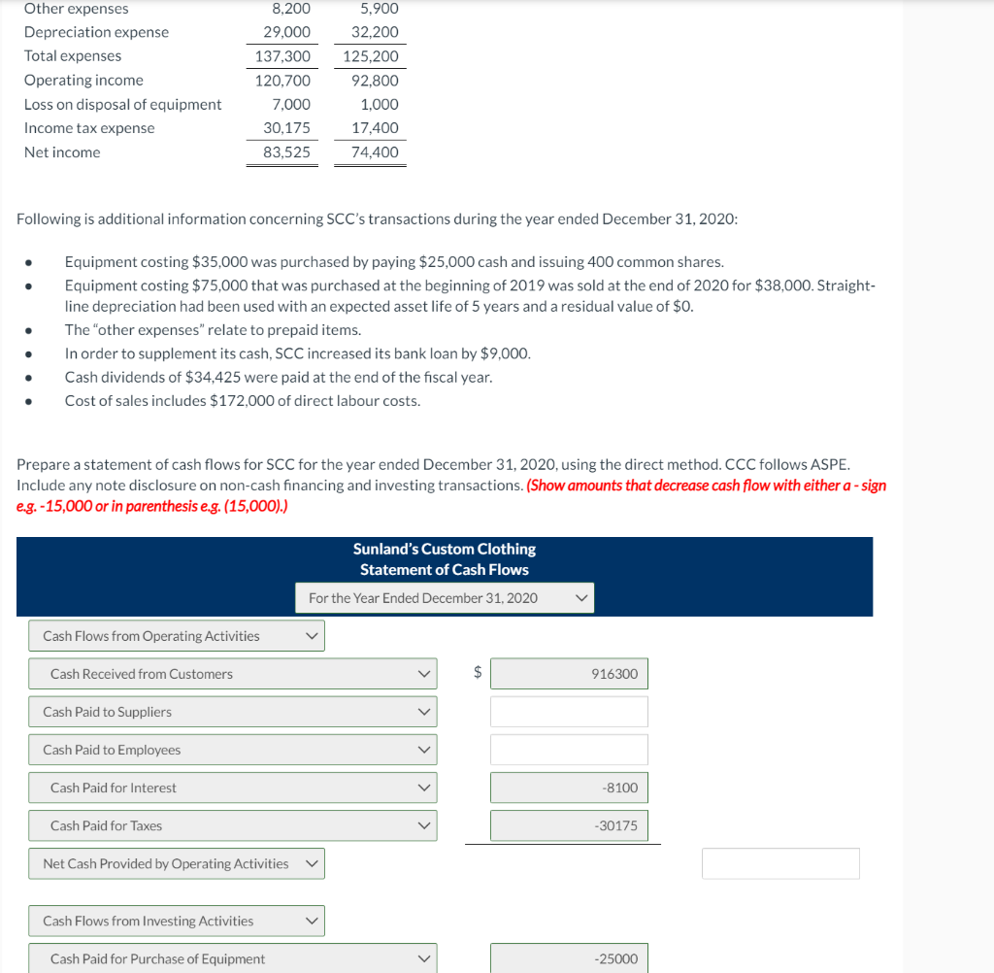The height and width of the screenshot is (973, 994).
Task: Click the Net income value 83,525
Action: tap(286, 152)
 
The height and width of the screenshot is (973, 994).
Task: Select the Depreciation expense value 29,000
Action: tap(286, 32)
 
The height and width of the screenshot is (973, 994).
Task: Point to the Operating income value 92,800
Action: tap(375, 81)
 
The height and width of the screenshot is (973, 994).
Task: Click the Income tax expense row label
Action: tap(89, 128)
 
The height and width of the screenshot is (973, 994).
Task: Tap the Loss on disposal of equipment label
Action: tap(122, 105)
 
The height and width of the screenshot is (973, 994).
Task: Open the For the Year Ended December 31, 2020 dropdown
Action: tap(445, 598)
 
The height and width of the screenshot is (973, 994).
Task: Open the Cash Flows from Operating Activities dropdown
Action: tap(177, 636)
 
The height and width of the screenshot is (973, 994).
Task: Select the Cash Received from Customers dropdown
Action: tap(233, 674)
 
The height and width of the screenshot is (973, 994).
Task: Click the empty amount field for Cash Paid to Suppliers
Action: tap(568, 712)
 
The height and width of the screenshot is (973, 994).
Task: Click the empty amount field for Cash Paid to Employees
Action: tap(568, 750)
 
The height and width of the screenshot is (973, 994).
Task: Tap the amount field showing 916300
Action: tap(568, 674)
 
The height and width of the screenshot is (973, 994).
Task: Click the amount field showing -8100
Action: tap(568, 788)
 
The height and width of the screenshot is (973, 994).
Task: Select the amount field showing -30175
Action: tap(568, 825)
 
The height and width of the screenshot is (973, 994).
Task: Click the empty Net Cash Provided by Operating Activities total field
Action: tap(780, 863)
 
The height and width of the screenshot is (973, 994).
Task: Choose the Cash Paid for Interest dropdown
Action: tap(233, 788)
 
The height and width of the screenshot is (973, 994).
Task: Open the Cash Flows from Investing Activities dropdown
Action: tap(177, 921)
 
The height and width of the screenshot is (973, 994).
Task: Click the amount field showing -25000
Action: tap(568, 958)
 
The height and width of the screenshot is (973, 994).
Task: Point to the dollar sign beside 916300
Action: tap(477, 673)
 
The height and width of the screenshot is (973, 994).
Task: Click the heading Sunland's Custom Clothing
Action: tap(444, 550)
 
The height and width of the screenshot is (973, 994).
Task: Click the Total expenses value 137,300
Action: tap(282, 56)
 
